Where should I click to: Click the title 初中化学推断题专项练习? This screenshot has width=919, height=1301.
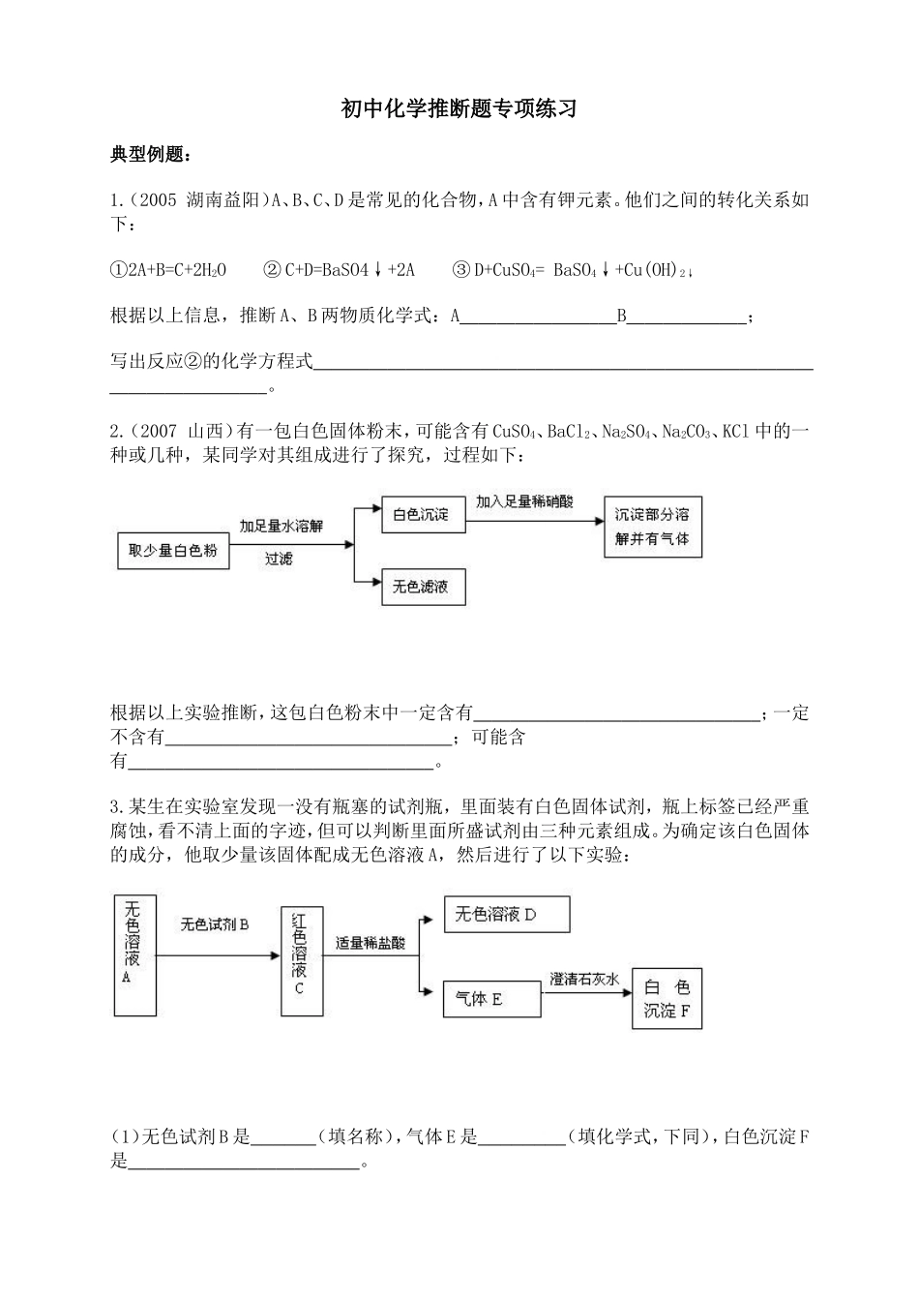pyautogui.click(x=459, y=108)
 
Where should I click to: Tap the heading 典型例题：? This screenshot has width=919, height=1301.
pyautogui.click(x=151, y=155)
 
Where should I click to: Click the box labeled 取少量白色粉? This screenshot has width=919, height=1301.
pyautogui.click(x=173, y=551)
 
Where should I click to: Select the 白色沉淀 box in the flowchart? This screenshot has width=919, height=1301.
pyautogui.click(x=422, y=515)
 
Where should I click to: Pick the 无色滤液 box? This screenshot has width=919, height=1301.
pyautogui.click(x=422, y=587)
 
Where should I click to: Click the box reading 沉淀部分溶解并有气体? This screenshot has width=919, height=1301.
pyautogui.click(x=652, y=527)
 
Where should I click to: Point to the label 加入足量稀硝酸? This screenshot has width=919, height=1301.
pyautogui.click(x=524, y=501)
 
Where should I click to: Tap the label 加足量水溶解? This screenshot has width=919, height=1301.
pyautogui.click(x=282, y=526)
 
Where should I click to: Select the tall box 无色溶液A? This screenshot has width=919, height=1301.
pyautogui.click(x=134, y=955)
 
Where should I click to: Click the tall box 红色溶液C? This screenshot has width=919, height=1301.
pyautogui.click(x=302, y=961)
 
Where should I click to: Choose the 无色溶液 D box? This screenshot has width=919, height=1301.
pyautogui.click(x=506, y=915)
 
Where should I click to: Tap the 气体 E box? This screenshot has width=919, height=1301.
pyautogui.click(x=491, y=999)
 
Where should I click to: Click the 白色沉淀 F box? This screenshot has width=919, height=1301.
pyautogui.click(x=667, y=999)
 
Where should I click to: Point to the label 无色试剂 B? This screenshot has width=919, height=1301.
pyautogui.click(x=215, y=924)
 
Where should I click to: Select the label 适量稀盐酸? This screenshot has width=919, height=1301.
pyautogui.click(x=371, y=942)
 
